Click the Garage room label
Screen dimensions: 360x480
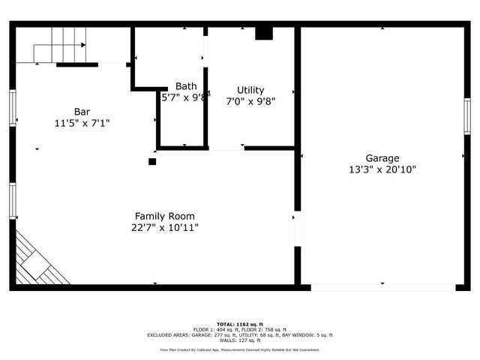point(382,158)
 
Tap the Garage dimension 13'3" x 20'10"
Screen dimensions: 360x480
point(382,169)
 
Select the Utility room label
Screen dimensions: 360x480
point(250,90)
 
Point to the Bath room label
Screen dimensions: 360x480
point(186,86)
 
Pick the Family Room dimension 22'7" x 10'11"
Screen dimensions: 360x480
point(166,227)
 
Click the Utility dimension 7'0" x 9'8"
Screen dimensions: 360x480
point(250,101)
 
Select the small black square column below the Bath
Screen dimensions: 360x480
point(152,161)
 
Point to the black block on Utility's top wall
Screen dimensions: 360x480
point(264,33)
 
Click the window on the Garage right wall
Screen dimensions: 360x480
point(466,116)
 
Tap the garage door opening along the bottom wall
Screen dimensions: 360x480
point(382,286)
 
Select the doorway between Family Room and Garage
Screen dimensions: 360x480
point(298,229)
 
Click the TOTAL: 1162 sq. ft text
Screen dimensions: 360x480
point(240,324)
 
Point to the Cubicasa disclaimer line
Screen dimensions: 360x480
point(240,349)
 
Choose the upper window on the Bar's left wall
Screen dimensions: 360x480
point(13,109)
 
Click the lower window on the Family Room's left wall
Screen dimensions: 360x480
point(13,201)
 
